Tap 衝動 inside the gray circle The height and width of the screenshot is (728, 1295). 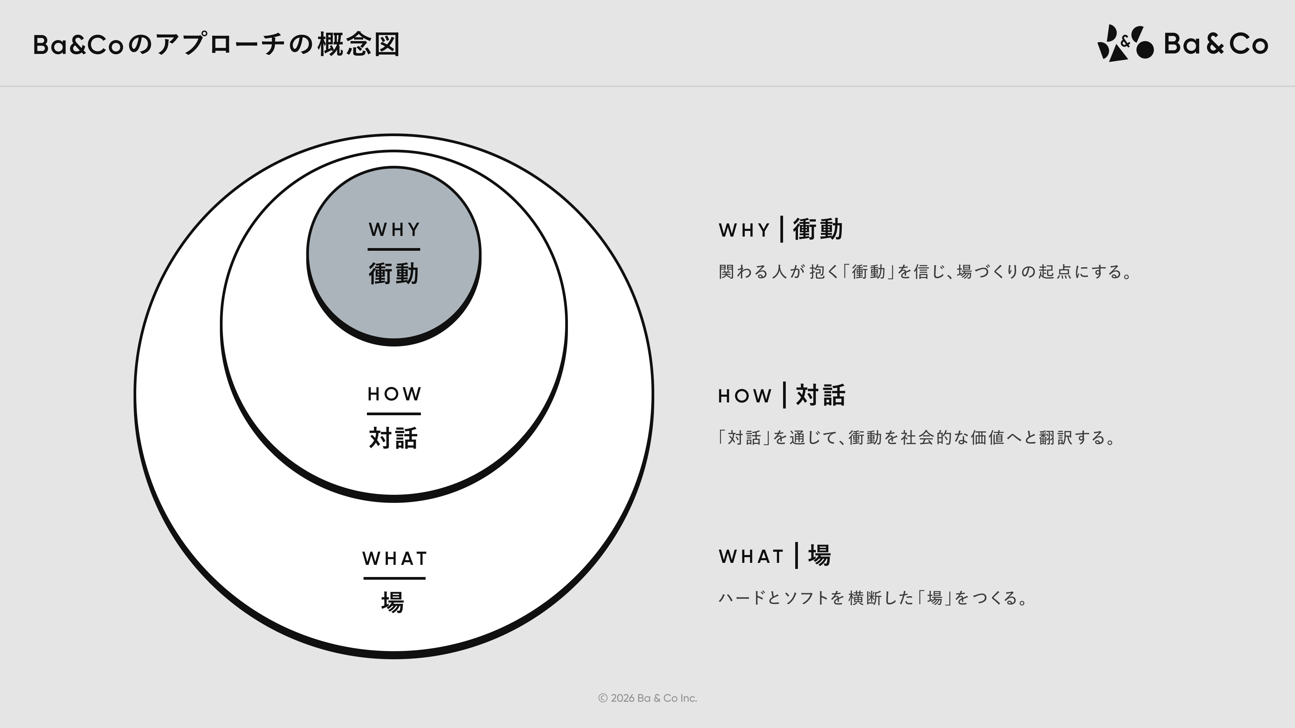[x=394, y=274]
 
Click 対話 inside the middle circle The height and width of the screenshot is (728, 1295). [x=394, y=437]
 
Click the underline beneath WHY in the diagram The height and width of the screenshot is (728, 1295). [x=394, y=249]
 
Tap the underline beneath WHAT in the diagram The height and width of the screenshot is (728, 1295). [x=394, y=579]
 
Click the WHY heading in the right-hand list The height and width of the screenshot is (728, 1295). [x=744, y=230]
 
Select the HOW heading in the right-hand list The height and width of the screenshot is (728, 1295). [x=745, y=396]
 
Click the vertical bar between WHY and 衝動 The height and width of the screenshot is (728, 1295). [x=782, y=229]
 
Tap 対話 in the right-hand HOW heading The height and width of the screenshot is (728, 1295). [x=821, y=395]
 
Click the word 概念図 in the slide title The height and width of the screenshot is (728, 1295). [x=359, y=45]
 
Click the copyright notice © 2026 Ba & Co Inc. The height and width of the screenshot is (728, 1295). [x=647, y=698]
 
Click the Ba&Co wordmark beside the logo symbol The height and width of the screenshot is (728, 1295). [x=1215, y=44]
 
